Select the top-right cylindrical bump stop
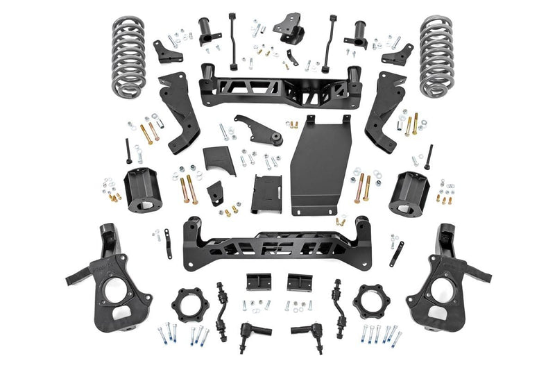point(359,31)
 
